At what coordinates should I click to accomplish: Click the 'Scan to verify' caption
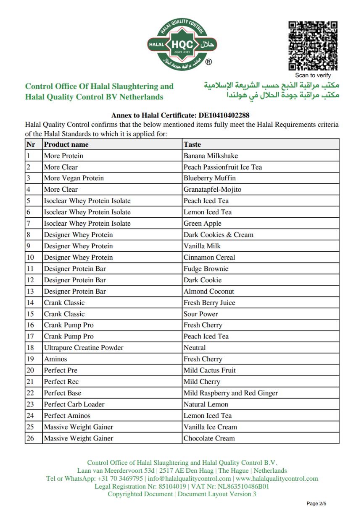pyautogui.click(x=313, y=76)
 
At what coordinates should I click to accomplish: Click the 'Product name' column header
pyautogui.click(x=66, y=144)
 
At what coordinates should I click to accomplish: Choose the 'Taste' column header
pyautogui.click(x=192, y=144)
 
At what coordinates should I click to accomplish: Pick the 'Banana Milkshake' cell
pyautogui.click(x=211, y=156)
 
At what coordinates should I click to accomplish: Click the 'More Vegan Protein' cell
pyautogui.click(x=74, y=178)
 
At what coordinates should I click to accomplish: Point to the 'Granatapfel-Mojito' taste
pyautogui.click(x=212, y=190)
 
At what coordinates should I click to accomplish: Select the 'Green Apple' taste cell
pyautogui.click(x=202, y=224)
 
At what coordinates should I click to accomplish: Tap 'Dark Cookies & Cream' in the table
pyautogui.click(x=219, y=235)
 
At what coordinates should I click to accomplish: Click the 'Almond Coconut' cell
pyautogui.click(x=209, y=292)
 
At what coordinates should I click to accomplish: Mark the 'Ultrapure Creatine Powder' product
pyautogui.click(x=84, y=348)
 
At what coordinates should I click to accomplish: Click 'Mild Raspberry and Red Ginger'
pyautogui.click(x=231, y=393)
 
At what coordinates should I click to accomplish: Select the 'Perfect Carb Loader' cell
pyautogui.click(x=74, y=404)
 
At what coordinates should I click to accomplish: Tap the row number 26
pyautogui.click(x=30, y=438)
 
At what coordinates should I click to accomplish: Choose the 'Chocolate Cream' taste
pyautogui.click(x=209, y=438)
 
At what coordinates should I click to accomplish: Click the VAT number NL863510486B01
pyautogui.click(x=241, y=487)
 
